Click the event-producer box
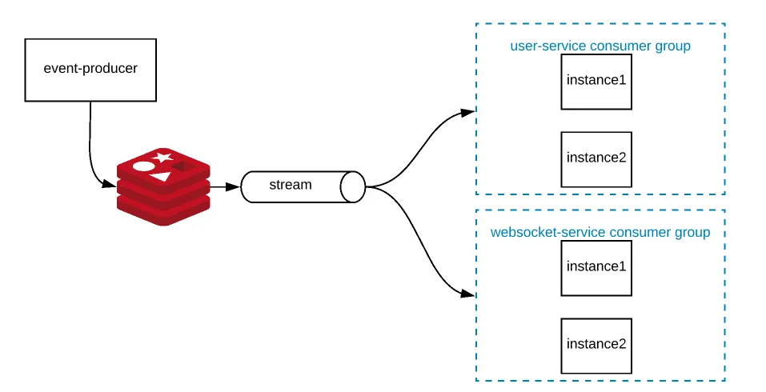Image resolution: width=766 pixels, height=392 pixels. tap(90, 70)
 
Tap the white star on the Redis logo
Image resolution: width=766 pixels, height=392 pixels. tap(164, 157)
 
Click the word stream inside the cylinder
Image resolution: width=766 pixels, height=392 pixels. tap(290, 185)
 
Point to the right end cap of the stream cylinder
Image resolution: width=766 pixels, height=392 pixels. tap(352, 186)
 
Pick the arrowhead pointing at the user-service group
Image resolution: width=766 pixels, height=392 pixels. tap(468, 113)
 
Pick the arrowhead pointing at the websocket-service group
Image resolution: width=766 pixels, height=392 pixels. tap(468, 294)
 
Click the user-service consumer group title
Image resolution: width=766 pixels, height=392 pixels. tap(600, 46)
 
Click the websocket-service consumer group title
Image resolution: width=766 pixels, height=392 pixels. tap(600, 233)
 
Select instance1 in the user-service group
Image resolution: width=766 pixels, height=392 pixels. tap(596, 82)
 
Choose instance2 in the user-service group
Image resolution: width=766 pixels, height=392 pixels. tap(596, 158)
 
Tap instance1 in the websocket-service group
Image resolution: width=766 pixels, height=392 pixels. tap(596, 267)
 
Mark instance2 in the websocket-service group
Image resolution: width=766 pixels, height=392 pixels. tap(596, 345)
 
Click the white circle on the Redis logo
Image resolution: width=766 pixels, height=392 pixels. tap(143, 166)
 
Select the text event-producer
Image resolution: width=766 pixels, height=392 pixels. tap(90, 68)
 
